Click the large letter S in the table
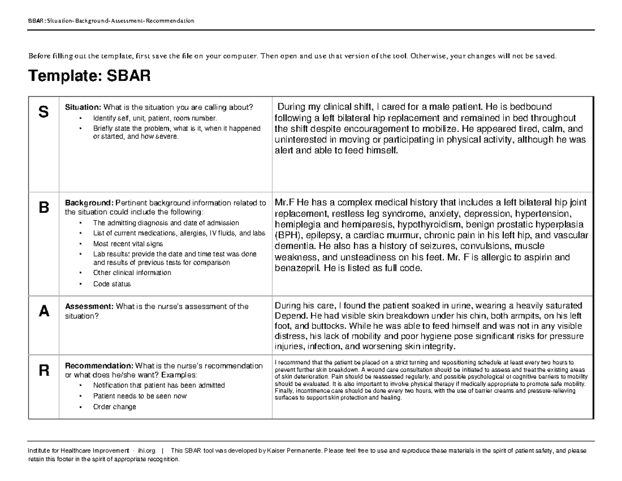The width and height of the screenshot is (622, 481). coord(44,112)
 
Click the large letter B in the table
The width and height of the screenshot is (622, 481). coord(44,208)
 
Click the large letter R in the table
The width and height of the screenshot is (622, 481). coord(44,370)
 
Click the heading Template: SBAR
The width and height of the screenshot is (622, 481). coord(89,77)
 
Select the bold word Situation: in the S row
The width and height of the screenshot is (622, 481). coord(82,107)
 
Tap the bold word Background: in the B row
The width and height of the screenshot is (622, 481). coord(89,203)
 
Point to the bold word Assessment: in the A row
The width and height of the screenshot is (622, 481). coord(89,307)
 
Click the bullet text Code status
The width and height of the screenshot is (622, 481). coord(112,284)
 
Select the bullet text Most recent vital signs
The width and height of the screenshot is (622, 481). coord(128,243)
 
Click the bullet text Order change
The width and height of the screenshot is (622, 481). coord(115,407)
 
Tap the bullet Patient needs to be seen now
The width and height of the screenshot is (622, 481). coord(139,396)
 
